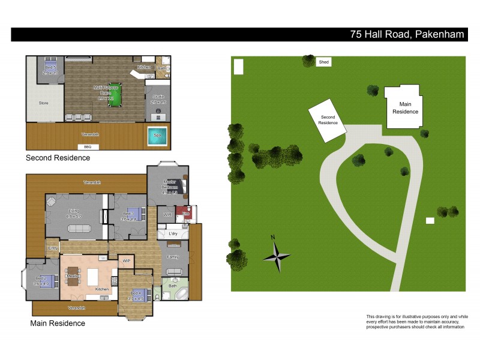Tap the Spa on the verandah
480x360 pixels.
tap(157, 135)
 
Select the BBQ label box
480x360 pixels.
tap(83, 146)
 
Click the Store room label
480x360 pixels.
tap(43, 103)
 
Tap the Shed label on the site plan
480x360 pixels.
tap(324, 62)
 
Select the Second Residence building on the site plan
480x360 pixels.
tap(328, 119)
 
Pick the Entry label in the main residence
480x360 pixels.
tap(52, 247)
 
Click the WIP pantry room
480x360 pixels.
tap(127, 261)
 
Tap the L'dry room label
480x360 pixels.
tap(172, 233)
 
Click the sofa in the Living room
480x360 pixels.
tap(80, 227)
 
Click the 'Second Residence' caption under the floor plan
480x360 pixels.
tap(58, 158)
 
